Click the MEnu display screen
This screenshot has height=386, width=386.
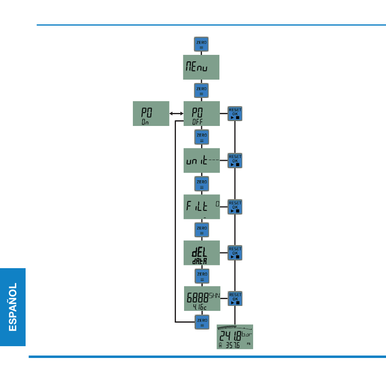(202, 67)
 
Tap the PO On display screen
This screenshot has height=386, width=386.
(151, 113)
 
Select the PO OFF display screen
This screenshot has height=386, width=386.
(202, 113)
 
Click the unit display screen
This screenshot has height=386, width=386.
(202, 160)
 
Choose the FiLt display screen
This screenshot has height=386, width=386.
(202, 207)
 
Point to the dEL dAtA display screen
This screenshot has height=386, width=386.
(202, 253)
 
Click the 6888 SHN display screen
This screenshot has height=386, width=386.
(202, 299)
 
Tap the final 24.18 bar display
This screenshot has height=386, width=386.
(235, 336)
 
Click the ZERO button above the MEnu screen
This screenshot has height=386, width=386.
(202, 44)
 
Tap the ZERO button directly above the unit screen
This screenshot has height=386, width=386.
(202, 137)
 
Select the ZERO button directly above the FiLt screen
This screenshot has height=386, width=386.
(202, 184)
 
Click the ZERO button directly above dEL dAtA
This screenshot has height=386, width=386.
(202, 230)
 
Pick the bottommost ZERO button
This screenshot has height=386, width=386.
(202, 322)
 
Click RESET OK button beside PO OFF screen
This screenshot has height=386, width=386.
(235, 113)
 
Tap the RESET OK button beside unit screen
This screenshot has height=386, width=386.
(235, 160)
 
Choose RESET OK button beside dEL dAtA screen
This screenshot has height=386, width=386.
(235, 253)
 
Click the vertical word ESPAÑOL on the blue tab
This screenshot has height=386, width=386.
(13, 307)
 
